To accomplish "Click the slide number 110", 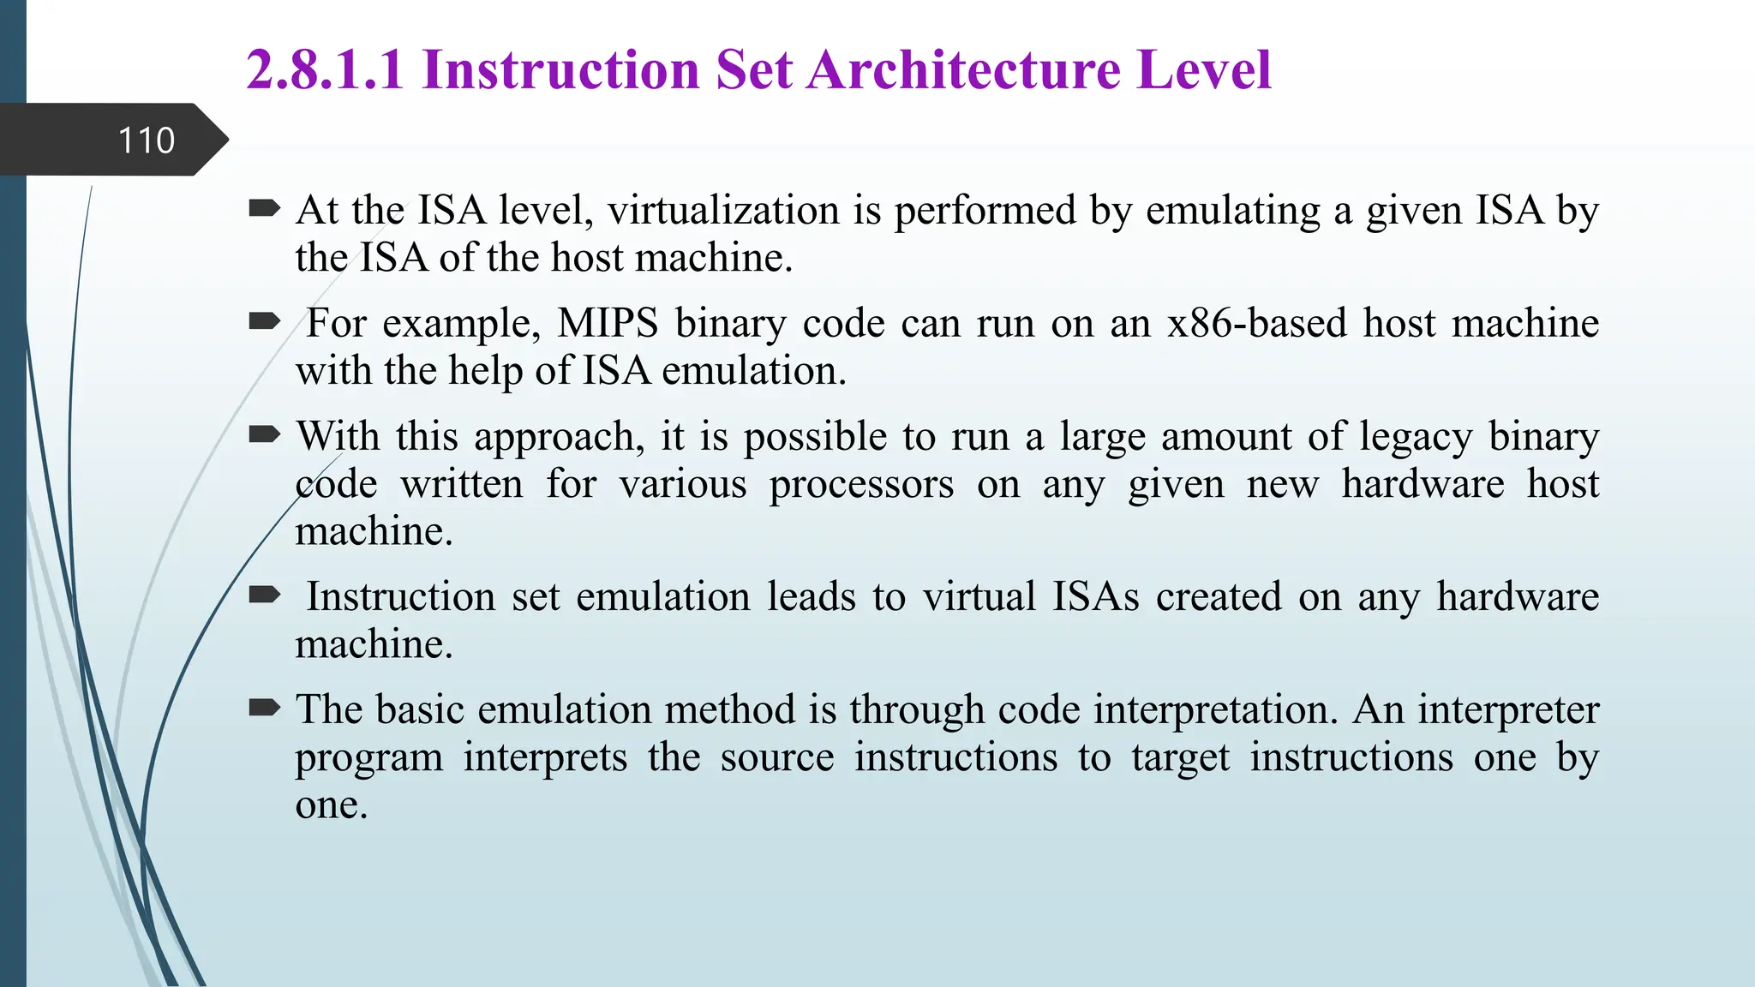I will click(146, 141).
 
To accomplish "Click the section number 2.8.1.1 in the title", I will click(325, 69).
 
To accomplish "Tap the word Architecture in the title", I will click(963, 69).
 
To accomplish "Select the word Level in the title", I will click(1204, 69).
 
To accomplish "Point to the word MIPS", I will click(608, 324).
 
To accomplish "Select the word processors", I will click(861, 485).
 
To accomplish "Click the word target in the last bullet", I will click(1180, 758).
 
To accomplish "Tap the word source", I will click(776, 758).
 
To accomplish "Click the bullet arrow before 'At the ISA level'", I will click(264, 208).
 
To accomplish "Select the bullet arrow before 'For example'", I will click(264, 321).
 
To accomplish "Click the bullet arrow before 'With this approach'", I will click(264, 434).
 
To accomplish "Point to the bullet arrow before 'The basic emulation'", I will click(264, 708).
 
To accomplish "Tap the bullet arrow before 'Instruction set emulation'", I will click(264, 595).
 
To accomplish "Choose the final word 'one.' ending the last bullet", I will click(331, 805).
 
